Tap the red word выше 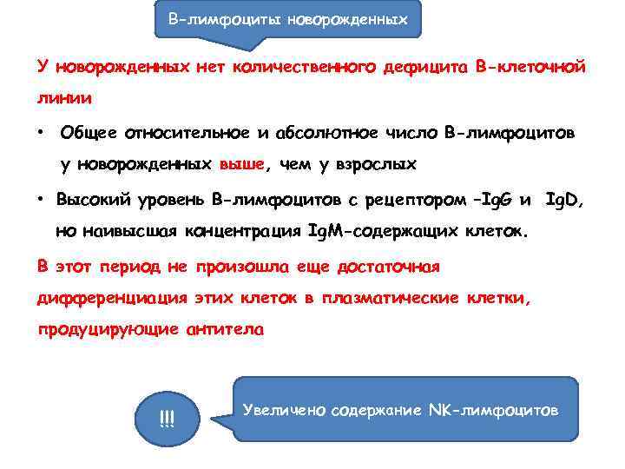(243, 164)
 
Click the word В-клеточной (532, 66)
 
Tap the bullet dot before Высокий (41, 200)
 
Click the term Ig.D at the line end (564, 200)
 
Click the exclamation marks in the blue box (167, 420)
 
